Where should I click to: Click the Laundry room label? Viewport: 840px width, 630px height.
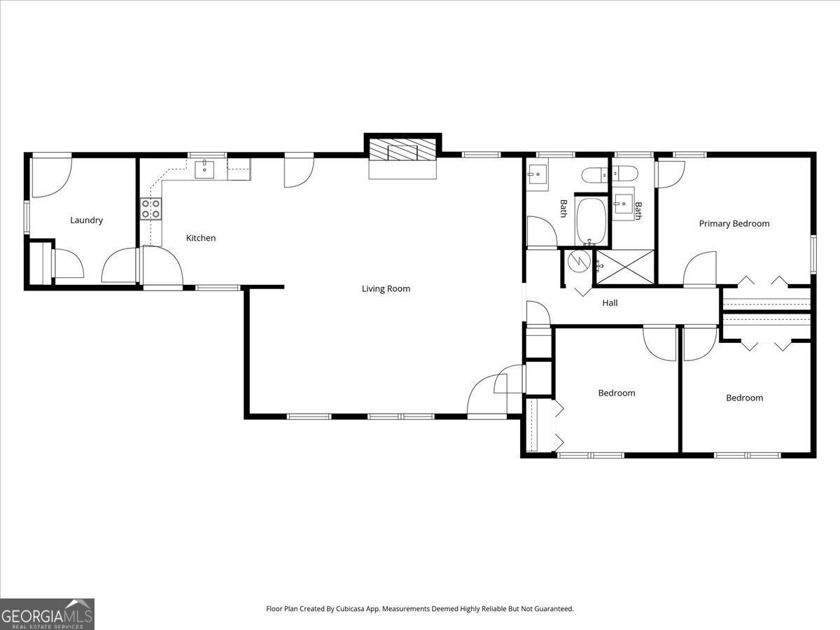coord(86,220)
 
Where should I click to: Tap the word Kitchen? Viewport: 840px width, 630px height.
coord(201,238)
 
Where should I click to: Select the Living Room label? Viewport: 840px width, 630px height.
coord(386,288)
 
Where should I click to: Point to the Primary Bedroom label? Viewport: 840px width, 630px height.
coord(734,223)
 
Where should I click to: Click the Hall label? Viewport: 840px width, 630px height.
coord(610,303)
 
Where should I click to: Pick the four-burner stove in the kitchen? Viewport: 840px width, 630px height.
coord(151,209)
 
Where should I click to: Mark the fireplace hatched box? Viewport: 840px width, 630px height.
coord(402,150)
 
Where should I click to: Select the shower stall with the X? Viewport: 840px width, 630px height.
coord(624,266)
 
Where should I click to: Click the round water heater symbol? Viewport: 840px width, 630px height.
coord(578,261)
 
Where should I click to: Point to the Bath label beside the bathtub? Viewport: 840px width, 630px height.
coord(563,209)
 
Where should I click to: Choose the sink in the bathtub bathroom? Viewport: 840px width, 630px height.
coord(538,174)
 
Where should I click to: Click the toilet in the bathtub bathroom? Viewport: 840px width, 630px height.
coord(595,176)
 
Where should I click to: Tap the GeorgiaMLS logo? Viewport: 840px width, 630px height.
coord(47,614)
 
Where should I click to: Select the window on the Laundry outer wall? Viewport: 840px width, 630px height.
coord(27,216)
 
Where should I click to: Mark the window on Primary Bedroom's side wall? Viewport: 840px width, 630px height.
coord(813,254)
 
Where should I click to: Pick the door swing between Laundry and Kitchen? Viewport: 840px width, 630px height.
coord(120,266)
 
